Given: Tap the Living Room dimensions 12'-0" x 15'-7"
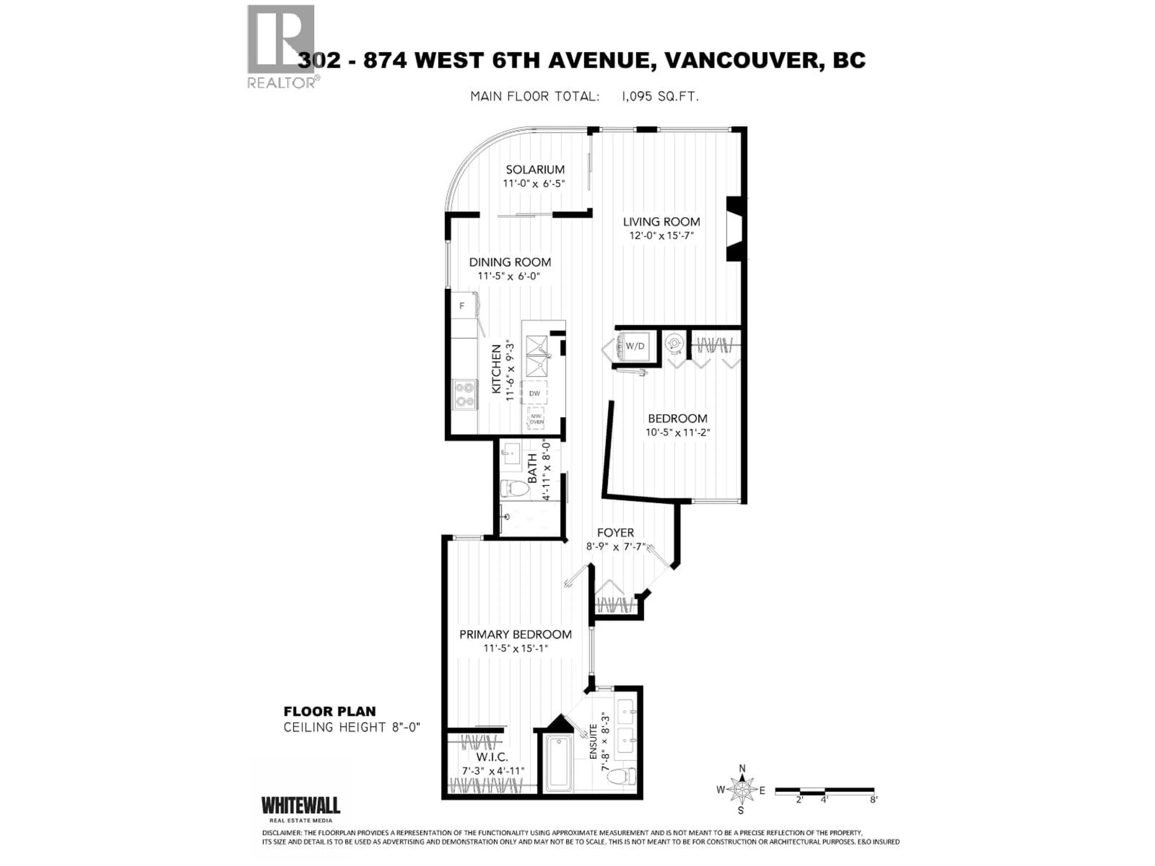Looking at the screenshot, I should coord(661,235).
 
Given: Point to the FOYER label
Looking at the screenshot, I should coord(615,533).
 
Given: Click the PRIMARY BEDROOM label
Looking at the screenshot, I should coord(515,634).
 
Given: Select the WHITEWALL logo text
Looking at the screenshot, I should coord(301,805).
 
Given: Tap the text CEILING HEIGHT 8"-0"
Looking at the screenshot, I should coord(351,727).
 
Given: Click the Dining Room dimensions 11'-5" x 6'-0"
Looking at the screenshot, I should coord(509,276).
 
